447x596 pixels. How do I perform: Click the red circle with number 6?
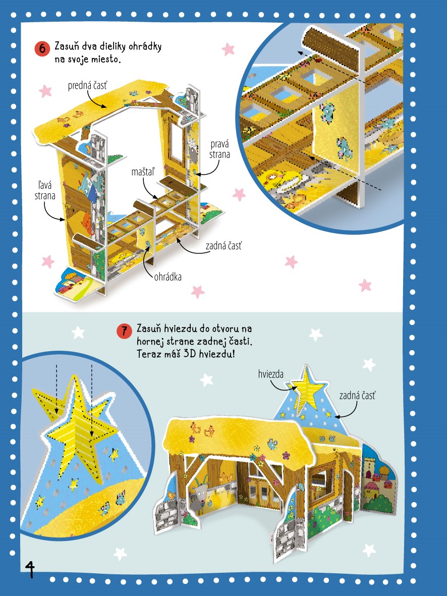coord(42,49)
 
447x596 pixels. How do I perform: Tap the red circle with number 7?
coord(124,331)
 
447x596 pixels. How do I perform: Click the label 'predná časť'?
coord(87,85)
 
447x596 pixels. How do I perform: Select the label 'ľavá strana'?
coord(45,190)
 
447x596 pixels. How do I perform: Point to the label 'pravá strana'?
coord(219,149)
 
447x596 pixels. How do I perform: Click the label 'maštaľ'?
coord(143,172)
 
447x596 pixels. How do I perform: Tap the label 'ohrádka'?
coord(167,277)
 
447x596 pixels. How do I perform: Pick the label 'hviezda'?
coord(270,374)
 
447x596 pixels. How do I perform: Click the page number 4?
coord(30,569)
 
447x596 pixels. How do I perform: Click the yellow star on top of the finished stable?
coord(306,392)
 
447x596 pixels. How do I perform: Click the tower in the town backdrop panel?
coord(369,469)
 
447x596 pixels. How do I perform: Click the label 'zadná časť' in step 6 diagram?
coord(224,246)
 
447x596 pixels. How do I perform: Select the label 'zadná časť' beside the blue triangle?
coord(357,396)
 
